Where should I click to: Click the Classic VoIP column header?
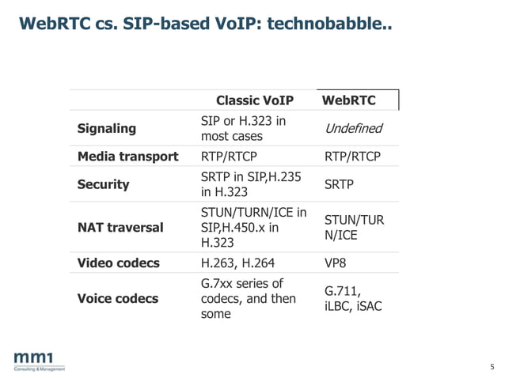255,100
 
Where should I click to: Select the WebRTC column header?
349,100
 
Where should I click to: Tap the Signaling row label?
107,128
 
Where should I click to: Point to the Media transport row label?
127,157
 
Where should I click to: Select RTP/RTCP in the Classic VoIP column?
230,157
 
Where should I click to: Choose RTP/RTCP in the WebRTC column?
353,157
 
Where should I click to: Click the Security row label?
103,184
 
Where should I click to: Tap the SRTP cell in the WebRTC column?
340,184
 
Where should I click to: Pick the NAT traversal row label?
120,228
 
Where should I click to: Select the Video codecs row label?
119,263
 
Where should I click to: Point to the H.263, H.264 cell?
238,263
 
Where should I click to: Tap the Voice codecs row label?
118,298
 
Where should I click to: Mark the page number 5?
492,366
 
